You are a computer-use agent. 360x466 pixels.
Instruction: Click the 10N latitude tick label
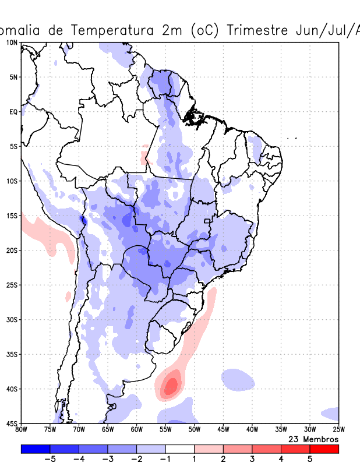tap(12, 43)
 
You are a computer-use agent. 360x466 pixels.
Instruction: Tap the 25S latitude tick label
tap(12, 285)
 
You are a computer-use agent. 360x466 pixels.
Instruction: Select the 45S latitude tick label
tap(12, 423)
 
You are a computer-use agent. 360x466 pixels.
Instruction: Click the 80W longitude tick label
tap(21, 430)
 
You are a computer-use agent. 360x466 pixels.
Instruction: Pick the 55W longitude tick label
tap(165, 430)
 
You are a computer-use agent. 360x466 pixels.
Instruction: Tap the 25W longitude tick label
tap(338, 430)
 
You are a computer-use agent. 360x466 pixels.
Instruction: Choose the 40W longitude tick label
tap(252, 430)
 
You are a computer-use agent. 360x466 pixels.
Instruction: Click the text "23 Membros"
tap(313, 439)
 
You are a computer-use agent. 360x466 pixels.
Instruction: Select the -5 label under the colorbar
tap(49, 458)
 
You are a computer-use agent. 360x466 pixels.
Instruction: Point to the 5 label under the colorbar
tap(310, 458)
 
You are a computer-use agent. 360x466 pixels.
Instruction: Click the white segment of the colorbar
tap(180, 449)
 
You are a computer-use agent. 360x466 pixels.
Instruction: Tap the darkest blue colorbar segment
tap(36, 449)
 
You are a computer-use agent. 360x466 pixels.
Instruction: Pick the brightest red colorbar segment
tap(324, 449)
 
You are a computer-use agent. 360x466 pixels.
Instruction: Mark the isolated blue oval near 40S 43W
tap(238, 379)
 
